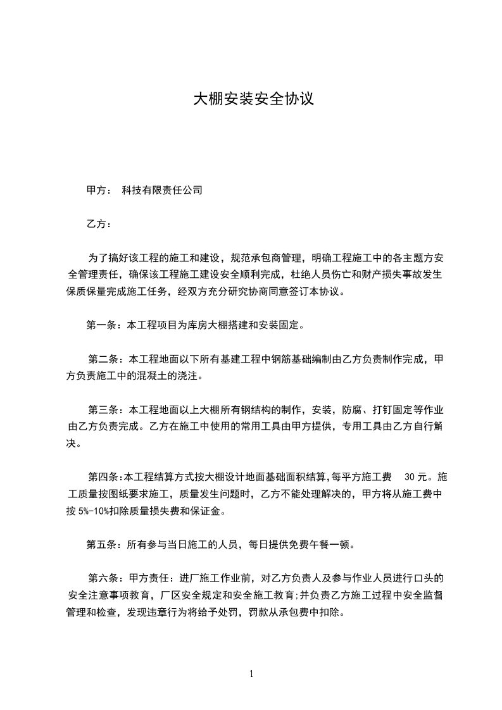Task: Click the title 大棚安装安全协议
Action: point(253,99)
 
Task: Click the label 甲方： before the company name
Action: point(99,190)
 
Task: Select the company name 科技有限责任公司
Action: point(162,190)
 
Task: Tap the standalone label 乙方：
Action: point(99,224)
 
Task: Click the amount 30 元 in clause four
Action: point(414,477)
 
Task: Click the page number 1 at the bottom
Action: point(251,674)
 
